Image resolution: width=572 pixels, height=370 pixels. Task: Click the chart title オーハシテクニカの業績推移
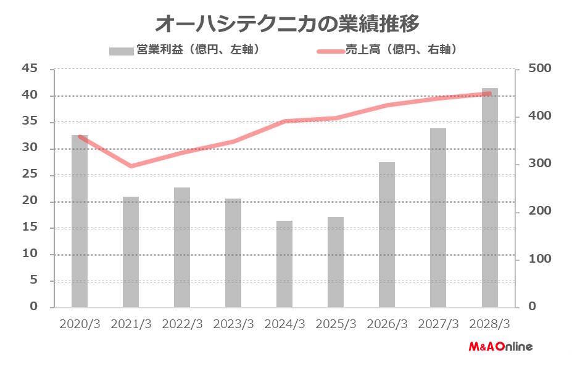tap(287, 23)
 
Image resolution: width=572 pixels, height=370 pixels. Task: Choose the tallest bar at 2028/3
tap(489, 197)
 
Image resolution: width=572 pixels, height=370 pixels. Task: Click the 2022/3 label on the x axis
tap(182, 324)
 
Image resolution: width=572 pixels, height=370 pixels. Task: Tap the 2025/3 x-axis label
tap(336, 324)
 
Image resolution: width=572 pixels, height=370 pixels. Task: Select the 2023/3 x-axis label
tap(233, 324)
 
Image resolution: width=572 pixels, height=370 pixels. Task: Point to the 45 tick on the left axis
tap(30, 69)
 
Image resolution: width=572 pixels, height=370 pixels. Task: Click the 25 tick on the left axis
tap(30, 175)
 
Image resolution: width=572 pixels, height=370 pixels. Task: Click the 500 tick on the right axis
tap(533, 69)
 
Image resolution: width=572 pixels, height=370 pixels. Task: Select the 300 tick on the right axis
tap(533, 164)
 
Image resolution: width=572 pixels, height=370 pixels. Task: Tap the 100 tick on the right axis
tap(533, 259)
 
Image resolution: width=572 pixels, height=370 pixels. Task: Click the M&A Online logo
tap(500, 347)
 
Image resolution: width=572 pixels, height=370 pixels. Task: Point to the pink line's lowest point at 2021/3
tap(131, 166)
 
